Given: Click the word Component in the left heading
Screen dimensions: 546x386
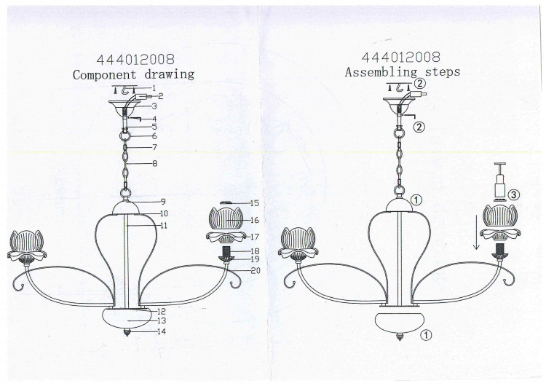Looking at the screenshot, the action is point(104,75).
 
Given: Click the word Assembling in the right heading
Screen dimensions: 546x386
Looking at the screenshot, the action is point(381,72).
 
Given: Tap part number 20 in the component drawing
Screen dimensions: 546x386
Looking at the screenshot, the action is point(256,270).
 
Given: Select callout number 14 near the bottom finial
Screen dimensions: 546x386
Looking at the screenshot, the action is point(162,331).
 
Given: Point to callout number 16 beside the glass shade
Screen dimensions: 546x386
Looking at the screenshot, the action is point(255,220).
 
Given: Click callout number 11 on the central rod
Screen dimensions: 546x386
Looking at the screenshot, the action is point(163,225).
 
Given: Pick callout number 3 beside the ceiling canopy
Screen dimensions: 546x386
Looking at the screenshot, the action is point(154,106).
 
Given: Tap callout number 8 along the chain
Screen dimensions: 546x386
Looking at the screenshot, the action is point(154,163).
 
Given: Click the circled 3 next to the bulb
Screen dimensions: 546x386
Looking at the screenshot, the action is point(514,195).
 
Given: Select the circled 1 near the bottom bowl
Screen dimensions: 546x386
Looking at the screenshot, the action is point(426,335).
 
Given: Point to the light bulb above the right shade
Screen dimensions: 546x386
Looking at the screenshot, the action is point(501,181).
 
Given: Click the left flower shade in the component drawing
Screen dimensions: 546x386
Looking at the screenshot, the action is point(26,245).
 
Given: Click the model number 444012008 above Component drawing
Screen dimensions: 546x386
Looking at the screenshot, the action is point(135,60).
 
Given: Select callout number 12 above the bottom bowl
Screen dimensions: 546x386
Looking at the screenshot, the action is point(162,312).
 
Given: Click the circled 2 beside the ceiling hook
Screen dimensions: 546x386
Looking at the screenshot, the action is point(421,84).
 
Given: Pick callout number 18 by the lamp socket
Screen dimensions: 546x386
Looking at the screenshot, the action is point(255,251).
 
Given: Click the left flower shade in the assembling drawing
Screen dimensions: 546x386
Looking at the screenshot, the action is point(298,243).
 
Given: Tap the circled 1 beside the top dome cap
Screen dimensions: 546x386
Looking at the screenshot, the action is point(416,200).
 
